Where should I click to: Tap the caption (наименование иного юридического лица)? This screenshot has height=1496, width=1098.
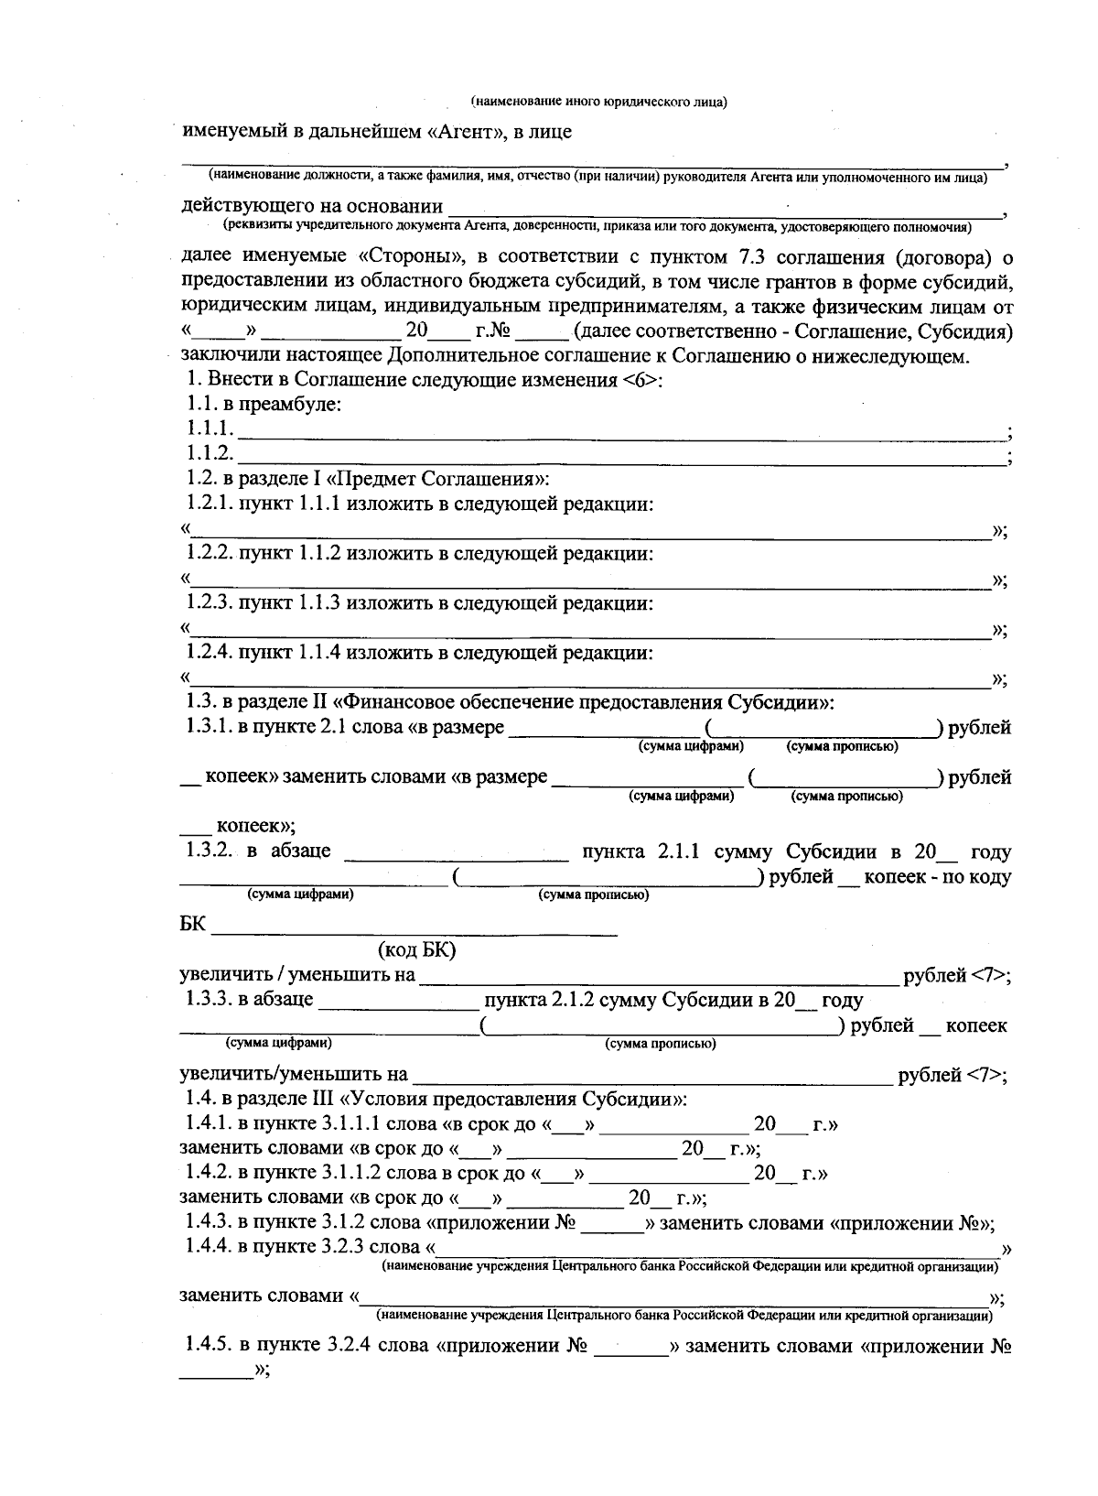click(598, 102)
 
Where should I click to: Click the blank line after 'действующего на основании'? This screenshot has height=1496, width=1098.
click(723, 210)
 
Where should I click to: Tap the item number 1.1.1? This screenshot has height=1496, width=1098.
click(210, 428)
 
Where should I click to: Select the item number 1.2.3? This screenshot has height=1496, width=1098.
click(210, 603)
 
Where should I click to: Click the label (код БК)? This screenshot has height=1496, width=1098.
click(416, 950)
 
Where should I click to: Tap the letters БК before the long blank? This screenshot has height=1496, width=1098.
click(192, 925)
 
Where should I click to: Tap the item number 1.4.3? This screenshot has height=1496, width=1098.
click(210, 1222)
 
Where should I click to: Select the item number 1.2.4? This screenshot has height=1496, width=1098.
click(210, 653)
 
